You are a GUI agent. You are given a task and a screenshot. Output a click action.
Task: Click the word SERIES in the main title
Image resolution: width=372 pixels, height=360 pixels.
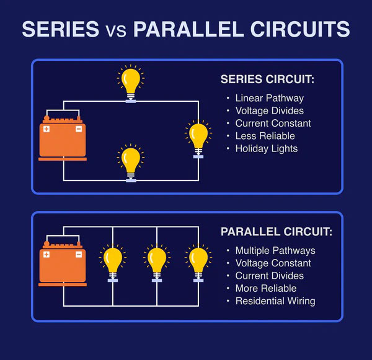60,29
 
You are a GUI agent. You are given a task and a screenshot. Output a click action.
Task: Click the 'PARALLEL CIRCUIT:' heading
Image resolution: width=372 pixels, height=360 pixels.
276,232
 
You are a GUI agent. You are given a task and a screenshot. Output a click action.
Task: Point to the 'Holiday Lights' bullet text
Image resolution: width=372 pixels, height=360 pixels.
267,148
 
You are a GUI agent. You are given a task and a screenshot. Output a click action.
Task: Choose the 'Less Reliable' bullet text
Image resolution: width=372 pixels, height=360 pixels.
265,136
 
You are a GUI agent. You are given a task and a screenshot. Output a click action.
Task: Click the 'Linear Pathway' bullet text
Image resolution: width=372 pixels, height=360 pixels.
269,98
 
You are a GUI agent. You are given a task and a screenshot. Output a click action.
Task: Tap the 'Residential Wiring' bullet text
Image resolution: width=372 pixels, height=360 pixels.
275,301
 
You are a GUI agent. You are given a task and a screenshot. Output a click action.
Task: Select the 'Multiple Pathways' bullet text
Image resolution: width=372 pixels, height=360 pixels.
275,251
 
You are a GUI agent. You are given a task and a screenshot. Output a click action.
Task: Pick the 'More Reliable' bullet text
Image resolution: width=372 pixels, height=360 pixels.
266,289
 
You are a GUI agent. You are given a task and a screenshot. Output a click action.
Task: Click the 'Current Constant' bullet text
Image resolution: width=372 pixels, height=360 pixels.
273,123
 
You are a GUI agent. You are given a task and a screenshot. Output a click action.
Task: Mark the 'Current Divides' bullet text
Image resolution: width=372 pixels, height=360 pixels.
270,276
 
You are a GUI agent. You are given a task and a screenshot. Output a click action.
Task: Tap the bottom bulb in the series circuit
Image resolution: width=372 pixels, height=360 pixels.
130,162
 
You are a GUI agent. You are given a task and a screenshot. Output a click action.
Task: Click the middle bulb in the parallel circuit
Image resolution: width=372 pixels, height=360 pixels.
156,261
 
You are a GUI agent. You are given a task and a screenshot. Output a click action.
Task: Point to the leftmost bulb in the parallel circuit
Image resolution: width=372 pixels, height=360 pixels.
113,261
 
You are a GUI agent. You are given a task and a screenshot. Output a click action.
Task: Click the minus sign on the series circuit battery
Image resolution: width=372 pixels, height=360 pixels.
79,129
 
